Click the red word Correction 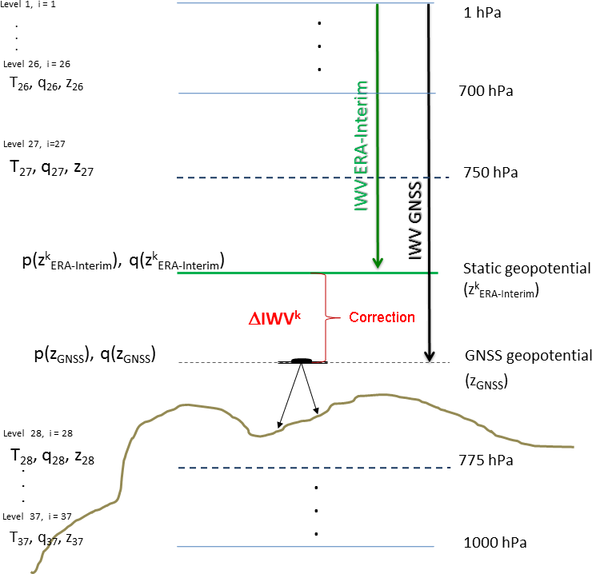pyautogui.click(x=382, y=317)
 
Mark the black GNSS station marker pyautogui.click(x=302, y=361)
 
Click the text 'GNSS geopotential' pyautogui.click(x=527, y=356)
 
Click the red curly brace pyautogui.click(x=326, y=317)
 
